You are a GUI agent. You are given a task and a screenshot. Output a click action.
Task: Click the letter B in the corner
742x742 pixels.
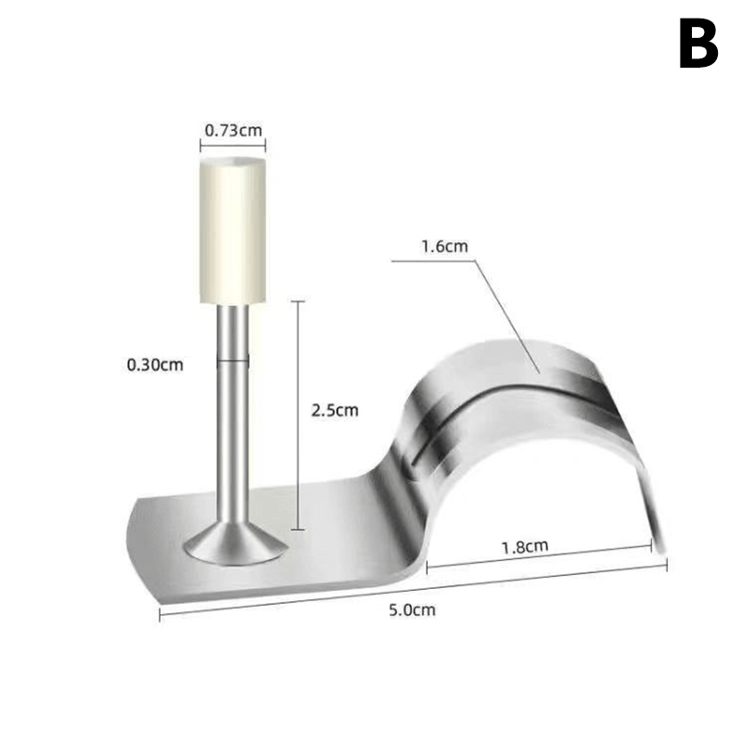coord(699,44)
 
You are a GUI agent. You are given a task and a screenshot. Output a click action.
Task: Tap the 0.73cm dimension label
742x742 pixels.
coord(234,130)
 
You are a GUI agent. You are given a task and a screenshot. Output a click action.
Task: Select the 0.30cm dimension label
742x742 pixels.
coord(155,365)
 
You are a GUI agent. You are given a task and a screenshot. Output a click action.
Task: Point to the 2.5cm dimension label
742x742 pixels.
coord(335,410)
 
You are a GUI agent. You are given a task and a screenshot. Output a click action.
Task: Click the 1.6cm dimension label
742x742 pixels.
coord(444,246)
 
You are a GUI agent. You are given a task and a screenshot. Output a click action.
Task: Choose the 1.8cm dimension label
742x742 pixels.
coord(525,546)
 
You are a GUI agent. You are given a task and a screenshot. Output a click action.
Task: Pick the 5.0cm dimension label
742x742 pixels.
coord(412,609)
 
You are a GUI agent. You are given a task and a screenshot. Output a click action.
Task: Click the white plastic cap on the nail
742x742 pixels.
coord(233,230)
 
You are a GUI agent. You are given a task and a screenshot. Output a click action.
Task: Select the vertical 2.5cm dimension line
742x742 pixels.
coord(298,415)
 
